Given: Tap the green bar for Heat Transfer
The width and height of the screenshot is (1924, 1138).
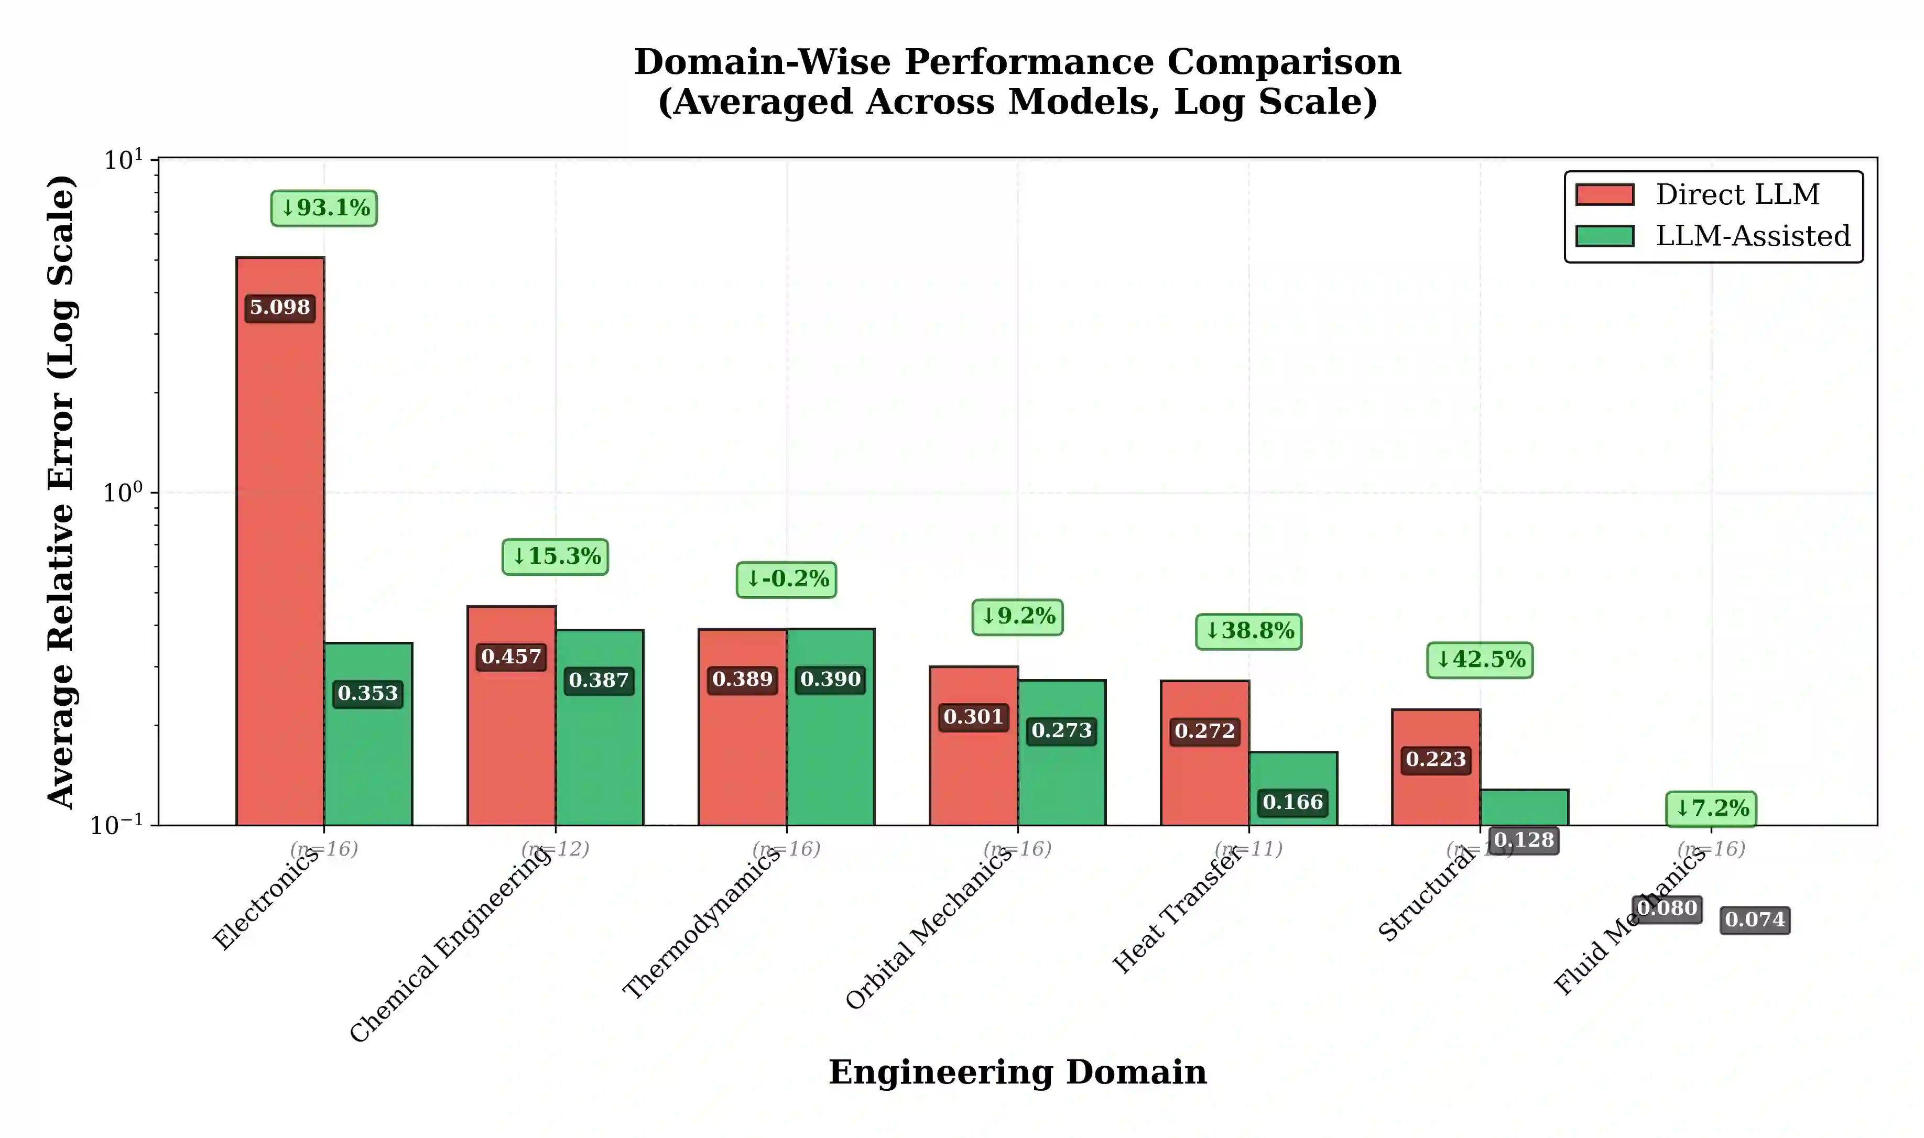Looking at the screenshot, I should pyautogui.click(x=1293, y=774).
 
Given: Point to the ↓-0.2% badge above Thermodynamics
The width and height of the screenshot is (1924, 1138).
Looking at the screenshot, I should pyautogui.click(x=787, y=579).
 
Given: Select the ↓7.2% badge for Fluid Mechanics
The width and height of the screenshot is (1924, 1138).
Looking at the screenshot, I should pyautogui.click(x=1711, y=808).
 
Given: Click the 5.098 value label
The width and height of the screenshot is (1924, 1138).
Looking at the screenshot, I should pyautogui.click(x=280, y=308).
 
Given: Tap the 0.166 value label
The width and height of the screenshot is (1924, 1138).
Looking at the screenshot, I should pyautogui.click(x=1293, y=802).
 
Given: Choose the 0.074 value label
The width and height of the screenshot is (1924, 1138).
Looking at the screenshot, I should pyautogui.click(x=1755, y=920).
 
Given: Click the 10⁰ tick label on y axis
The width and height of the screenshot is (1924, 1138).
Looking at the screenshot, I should pyautogui.click(x=123, y=493).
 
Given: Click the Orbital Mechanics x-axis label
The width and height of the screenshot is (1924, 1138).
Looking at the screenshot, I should pyautogui.click(x=929, y=928).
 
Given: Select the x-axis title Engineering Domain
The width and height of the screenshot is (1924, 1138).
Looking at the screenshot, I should pyautogui.click(x=1018, y=1072).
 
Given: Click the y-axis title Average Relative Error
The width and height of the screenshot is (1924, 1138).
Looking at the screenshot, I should pyautogui.click(x=61, y=491).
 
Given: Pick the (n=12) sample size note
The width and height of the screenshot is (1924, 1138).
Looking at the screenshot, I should pyautogui.click(x=555, y=849).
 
